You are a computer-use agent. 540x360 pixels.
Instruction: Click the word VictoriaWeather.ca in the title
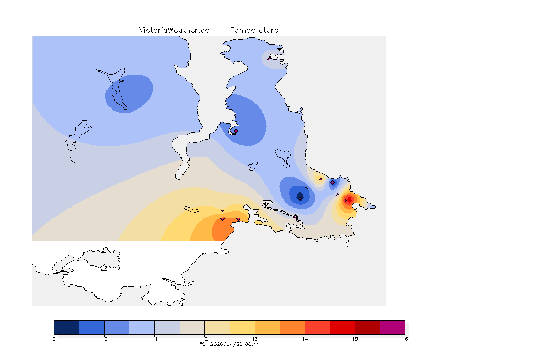coord(174,30)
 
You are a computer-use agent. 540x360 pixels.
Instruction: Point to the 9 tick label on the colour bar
coord(54,338)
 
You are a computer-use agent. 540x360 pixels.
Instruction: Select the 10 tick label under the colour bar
coord(104,338)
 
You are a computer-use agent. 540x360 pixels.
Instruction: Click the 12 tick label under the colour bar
coord(204,338)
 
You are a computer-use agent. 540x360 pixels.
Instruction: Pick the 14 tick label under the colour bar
coord(305,338)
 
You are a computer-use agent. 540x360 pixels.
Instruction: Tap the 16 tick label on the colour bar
coord(405,338)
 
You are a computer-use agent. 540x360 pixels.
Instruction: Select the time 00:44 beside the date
coord(253,344)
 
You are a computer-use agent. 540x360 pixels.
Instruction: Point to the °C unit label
coord(202,344)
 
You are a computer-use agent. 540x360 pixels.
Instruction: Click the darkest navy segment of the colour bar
coord(67,327)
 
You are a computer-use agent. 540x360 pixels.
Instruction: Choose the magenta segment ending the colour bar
coord(392,327)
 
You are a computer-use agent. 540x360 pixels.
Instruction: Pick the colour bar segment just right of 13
coord(267,327)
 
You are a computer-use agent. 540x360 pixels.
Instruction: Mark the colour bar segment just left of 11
coord(142,327)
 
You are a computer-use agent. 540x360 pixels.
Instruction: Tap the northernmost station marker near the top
coord(270,59)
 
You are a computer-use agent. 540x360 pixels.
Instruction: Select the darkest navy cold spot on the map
coord(300,195)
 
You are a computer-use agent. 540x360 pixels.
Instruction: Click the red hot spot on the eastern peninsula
coord(348,199)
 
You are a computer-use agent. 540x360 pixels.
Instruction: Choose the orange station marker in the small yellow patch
coord(321,180)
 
